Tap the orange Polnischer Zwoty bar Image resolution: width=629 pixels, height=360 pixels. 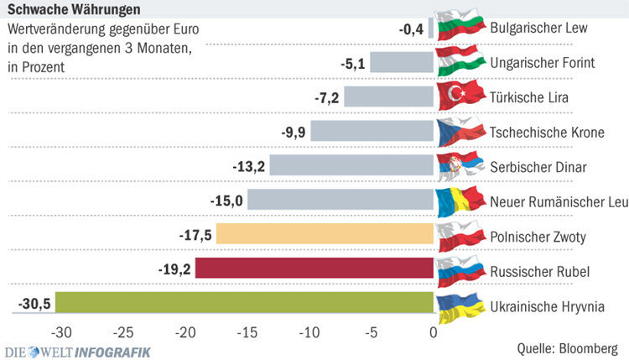[x=325, y=234]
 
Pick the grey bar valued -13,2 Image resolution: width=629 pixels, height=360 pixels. [x=351, y=165]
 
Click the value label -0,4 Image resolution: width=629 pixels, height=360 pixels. [x=411, y=29]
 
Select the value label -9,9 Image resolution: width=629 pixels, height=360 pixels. [x=293, y=132]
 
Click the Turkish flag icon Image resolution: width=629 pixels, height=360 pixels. [x=460, y=96]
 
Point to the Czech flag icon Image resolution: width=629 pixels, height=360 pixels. [x=460, y=130]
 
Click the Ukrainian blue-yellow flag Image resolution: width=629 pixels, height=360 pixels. [x=460, y=307]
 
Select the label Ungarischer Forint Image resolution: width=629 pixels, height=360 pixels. [x=543, y=62]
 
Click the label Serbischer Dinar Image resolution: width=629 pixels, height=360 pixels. [x=538, y=165]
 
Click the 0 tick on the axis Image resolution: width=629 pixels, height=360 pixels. [x=433, y=331]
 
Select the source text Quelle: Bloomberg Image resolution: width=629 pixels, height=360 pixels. [x=568, y=346]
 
